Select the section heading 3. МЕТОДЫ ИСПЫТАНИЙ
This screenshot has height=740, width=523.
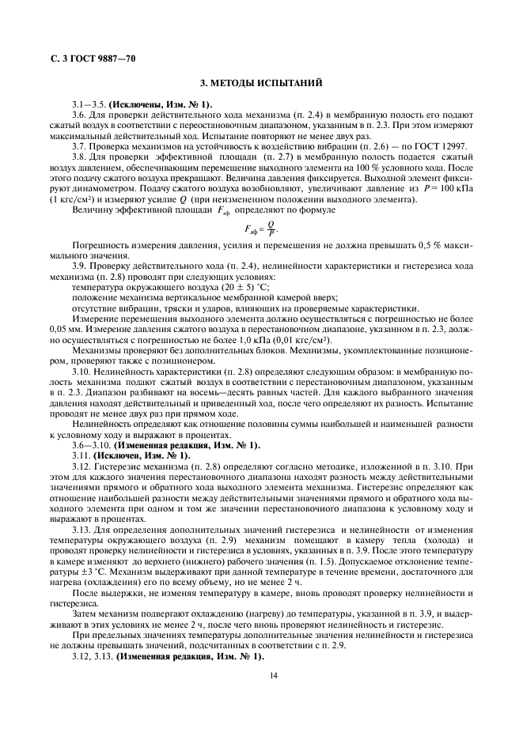click(x=261, y=84)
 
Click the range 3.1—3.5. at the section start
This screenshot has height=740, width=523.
click(x=88, y=104)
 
